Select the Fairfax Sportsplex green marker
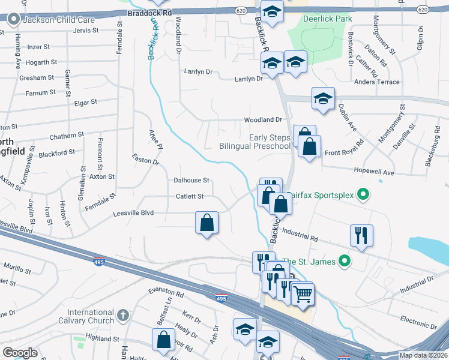(363, 195)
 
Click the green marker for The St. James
(345, 261)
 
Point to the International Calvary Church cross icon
(122, 315)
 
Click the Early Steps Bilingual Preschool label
(255, 142)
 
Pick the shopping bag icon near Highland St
(163, 340)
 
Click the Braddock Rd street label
(150, 11)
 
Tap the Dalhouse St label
(191, 180)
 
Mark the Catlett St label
(190, 196)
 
